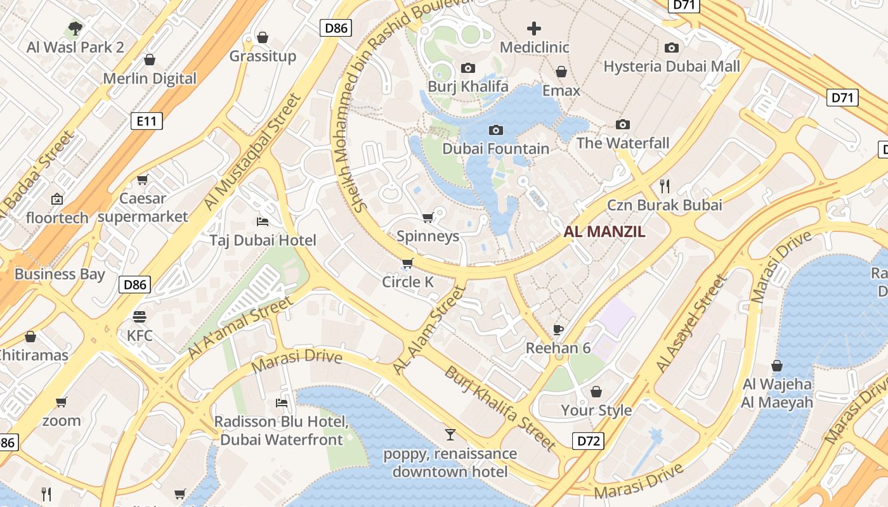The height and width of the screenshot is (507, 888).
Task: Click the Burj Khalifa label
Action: [468, 86]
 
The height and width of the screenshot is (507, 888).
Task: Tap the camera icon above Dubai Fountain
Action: [496, 130]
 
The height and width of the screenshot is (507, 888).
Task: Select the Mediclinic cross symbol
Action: [534, 29]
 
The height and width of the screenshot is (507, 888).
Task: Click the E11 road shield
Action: [147, 121]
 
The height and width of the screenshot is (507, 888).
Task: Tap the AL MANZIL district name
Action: [604, 232]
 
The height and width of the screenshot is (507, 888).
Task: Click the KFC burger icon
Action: [140, 316]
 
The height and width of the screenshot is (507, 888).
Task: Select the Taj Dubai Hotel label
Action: [263, 240]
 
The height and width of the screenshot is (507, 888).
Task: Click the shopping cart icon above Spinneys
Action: [428, 217]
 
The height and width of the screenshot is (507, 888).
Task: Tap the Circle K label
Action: [408, 282]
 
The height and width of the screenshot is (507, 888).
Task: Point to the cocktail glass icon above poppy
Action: [450, 434]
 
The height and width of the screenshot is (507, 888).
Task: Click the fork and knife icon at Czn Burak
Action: [665, 186]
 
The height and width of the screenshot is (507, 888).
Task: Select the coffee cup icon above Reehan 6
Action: [558, 329]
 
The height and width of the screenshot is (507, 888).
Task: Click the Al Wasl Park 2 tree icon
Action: [75, 28]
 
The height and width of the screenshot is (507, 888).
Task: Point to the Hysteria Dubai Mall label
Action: [672, 67]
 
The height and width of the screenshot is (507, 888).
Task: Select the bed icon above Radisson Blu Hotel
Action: [282, 402]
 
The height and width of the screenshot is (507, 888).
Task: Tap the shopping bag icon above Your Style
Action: [596, 392]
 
